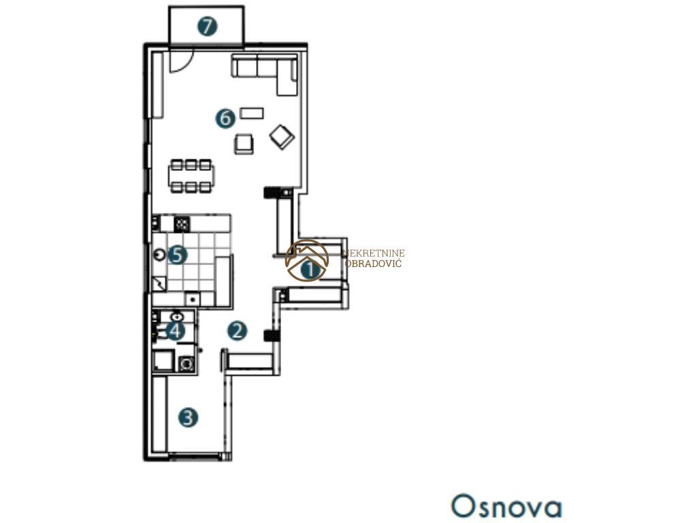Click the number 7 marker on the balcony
pos(208,27)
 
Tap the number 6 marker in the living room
pos(225,118)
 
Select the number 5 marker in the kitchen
pos(178,255)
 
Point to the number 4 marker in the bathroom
pos(176,331)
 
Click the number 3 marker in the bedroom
pos(188,417)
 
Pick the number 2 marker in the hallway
pos(237,331)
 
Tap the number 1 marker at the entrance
pos(310,270)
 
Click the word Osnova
pos(506,506)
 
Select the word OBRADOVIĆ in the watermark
pos(374,264)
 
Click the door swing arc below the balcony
pos(184,65)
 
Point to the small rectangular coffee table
pos(252,113)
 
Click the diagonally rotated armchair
pos(282,136)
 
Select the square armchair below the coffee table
pos(244,144)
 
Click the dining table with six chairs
pos(191,176)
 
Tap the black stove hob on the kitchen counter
pos(182,223)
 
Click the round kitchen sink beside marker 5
pos(159,255)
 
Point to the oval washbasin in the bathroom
pos(178,317)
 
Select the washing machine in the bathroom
pos(187,364)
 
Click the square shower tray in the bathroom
pos(163,361)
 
